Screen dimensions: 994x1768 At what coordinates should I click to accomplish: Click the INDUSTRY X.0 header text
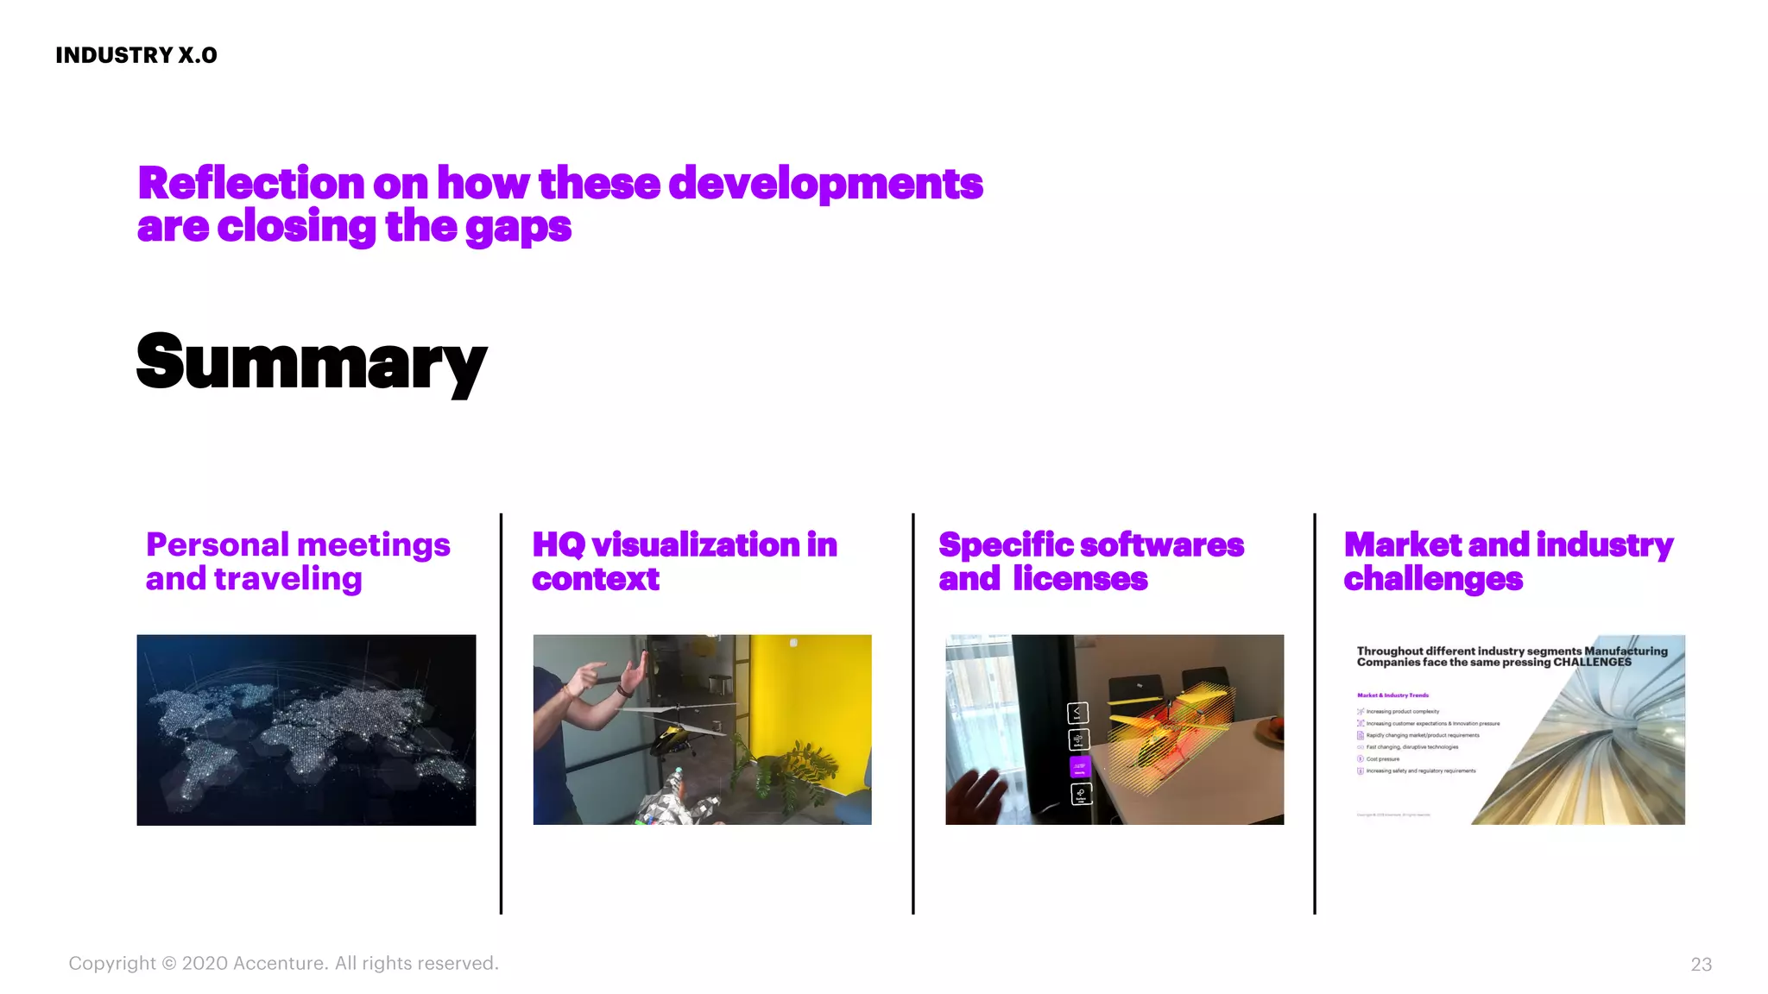[136, 55]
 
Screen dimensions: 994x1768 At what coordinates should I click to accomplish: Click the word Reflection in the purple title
[251, 184]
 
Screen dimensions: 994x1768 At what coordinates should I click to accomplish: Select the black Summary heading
[312, 362]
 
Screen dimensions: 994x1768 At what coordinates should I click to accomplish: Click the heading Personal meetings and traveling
[297, 562]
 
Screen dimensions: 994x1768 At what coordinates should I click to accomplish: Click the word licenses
[1080, 579]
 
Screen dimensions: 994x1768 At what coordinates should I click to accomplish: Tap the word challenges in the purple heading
[1433, 579]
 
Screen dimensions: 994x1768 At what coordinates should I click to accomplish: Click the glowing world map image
[306, 730]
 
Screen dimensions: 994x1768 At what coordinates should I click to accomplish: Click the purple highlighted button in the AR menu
[1080, 766]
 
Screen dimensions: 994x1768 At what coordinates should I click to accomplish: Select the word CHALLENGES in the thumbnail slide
[1592, 663]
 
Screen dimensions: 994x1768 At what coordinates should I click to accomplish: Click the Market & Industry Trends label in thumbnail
[1392, 695]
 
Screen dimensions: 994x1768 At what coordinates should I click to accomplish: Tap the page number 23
[1701, 965]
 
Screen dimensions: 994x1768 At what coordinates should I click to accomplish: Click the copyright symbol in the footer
[169, 964]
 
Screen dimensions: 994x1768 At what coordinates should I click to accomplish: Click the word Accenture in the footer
[280, 964]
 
